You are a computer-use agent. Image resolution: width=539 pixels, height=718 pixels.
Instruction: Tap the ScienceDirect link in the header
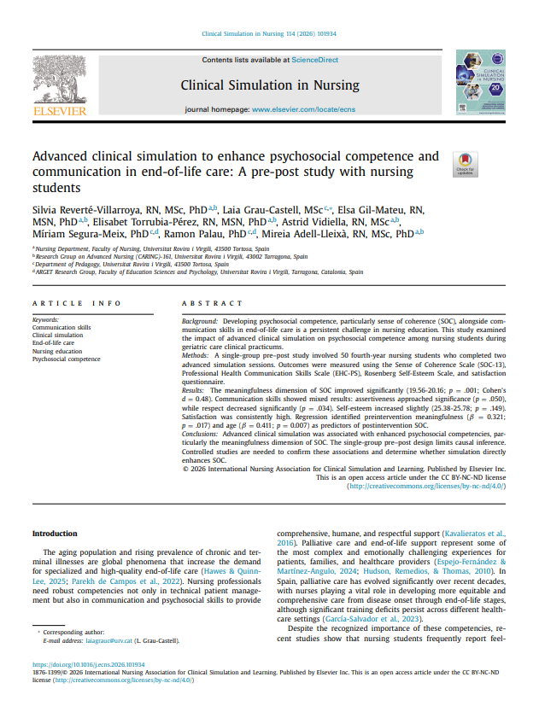pyautogui.click(x=314, y=60)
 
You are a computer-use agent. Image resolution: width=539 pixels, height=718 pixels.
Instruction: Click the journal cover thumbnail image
pyautogui.click(x=484, y=83)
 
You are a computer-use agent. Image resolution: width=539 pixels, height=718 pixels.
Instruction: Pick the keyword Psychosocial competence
pyautogui.click(x=66, y=359)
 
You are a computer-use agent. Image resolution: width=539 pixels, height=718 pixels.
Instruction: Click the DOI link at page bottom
pyautogui.click(x=88, y=664)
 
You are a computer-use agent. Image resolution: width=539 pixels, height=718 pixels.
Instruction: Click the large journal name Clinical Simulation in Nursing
pyautogui.click(x=270, y=85)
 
